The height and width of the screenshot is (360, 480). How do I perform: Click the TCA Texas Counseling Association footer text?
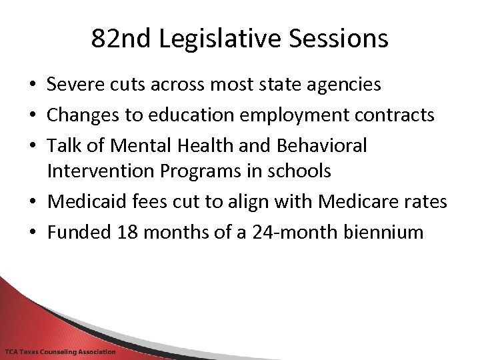coord(60,351)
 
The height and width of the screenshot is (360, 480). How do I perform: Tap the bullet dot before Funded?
coord(32,233)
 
